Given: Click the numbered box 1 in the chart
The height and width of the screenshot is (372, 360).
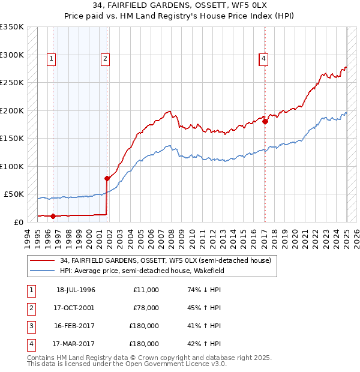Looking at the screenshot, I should click(52, 59).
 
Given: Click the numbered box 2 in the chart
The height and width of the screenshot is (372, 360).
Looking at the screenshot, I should click(105, 59).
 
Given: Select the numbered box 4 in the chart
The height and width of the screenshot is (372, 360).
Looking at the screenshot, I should click(263, 59).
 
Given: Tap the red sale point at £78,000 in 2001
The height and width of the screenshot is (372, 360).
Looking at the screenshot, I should click(107, 178).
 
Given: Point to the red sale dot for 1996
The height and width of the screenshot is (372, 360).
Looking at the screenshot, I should click(53, 216).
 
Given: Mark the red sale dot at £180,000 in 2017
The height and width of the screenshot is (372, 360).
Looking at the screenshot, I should click(265, 121).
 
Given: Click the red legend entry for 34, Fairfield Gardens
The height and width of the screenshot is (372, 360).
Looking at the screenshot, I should click(166, 260).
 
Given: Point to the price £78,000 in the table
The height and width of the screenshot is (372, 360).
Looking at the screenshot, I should click(145, 308).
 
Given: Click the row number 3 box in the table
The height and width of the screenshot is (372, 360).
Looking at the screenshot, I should click(30, 326).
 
